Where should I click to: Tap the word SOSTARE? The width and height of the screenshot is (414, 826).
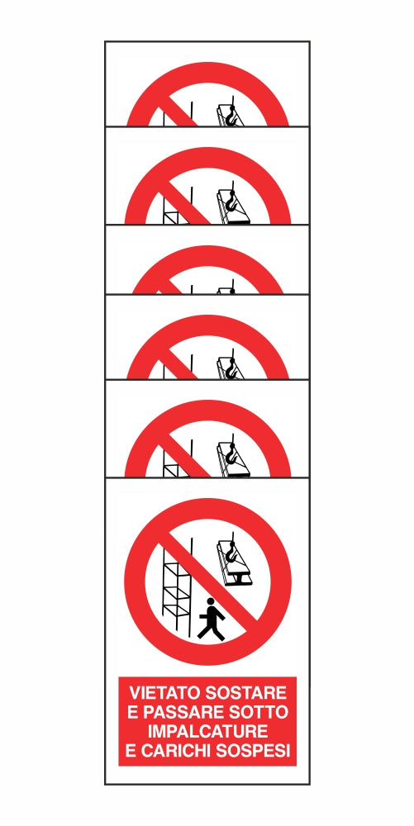click(x=245, y=692)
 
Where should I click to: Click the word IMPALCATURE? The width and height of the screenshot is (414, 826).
click(x=208, y=732)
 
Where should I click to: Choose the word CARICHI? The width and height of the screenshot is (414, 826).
click(x=177, y=751)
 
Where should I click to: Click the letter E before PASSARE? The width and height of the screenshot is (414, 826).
click(x=133, y=712)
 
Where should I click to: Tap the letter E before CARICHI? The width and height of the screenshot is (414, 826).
click(x=131, y=751)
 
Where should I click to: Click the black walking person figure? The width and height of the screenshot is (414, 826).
click(x=212, y=620)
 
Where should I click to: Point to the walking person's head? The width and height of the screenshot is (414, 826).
click(x=211, y=601)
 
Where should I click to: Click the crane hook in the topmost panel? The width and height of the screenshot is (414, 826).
click(x=231, y=117)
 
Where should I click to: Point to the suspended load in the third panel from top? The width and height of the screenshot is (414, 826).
click(x=226, y=290)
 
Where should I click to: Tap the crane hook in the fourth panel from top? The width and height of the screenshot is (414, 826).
click(x=231, y=368)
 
